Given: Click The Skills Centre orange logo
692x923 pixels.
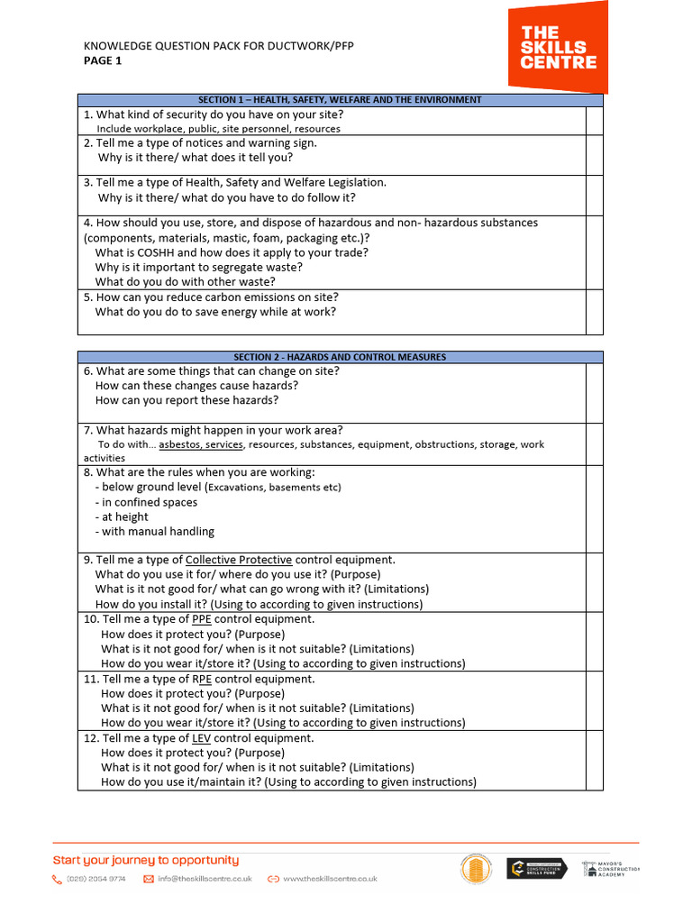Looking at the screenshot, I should point(558,47).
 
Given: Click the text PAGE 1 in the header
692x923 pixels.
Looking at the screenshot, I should point(102,61).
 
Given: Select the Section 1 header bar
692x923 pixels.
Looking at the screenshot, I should point(340,100).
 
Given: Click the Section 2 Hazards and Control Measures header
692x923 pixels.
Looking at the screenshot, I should point(340,357).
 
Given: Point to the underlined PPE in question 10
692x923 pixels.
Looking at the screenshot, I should point(202,619).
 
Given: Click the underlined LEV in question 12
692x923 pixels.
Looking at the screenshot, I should point(202,738).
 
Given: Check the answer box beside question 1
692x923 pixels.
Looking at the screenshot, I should point(594,121).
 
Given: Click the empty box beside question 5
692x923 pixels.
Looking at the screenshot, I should point(594,311).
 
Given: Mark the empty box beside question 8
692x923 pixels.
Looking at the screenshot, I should point(594,508).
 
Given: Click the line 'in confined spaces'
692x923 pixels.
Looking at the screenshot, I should point(146,502).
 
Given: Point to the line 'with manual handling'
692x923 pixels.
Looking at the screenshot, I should point(158,532).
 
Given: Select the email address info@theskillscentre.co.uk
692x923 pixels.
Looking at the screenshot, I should point(204,879).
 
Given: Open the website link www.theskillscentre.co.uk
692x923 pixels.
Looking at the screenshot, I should point(330,879).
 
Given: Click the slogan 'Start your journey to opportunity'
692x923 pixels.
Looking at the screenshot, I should point(146,860).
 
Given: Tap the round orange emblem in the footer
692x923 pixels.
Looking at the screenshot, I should point(476,870).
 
